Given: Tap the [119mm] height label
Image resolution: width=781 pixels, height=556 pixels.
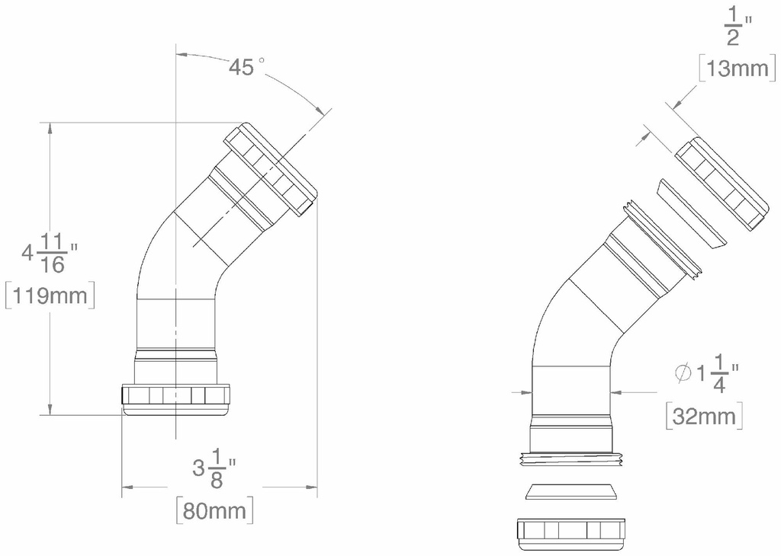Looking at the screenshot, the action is tap(50, 296).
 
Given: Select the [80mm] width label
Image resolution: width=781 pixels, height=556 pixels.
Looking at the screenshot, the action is tap(214, 510).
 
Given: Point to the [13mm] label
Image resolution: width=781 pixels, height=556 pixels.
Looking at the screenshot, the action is tap(738, 69).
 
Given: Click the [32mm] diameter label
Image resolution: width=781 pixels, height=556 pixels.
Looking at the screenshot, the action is tap(704, 416).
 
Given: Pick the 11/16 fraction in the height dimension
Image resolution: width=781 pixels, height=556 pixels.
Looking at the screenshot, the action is tap(53, 254).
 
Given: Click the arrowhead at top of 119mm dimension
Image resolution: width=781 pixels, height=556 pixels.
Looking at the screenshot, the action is tap(50, 128).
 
